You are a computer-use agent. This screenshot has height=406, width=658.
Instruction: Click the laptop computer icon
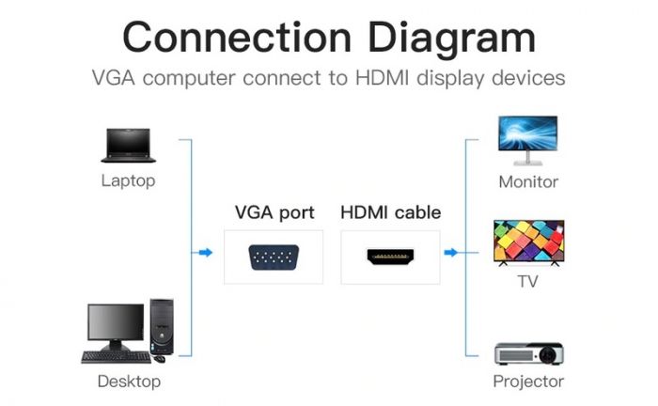pos(127,146)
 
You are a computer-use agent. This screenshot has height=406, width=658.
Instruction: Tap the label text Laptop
pos(128,180)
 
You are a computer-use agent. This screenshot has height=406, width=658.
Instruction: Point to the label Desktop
pos(129,382)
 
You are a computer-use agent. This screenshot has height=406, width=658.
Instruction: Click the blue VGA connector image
pos(273,257)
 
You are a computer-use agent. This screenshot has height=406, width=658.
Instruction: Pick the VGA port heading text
pos(274,212)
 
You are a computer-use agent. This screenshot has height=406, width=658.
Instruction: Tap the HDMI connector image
pos(390,257)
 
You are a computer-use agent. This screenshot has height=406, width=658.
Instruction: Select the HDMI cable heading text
pos(390,212)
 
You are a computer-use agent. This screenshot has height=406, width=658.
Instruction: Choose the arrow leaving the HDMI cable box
pos(451,252)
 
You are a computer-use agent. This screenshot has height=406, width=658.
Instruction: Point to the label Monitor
pos(528,181)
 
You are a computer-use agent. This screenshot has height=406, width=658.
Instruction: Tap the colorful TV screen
pos(529,243)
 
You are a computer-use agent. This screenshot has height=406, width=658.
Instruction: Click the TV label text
pos(528,281)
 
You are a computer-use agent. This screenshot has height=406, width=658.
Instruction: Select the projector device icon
pos(528,352)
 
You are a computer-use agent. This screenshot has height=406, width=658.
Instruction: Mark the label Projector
pos(528,382)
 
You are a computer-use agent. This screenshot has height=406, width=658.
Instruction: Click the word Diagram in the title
pos(451,38)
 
